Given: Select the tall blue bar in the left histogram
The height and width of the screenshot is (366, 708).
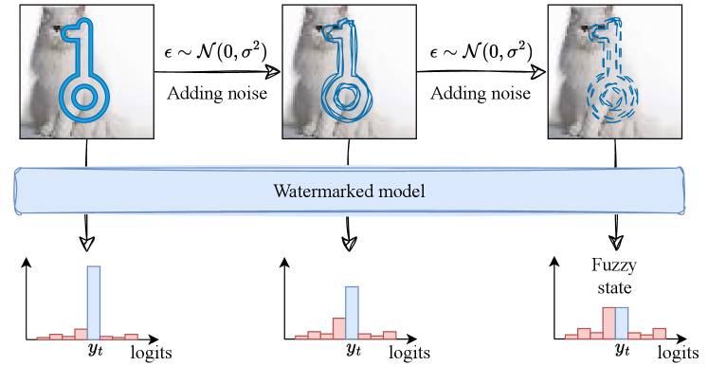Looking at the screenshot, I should point(93,302).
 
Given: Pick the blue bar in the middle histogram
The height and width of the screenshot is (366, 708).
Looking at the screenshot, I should point(352,312).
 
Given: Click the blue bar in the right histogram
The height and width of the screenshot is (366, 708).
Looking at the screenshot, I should point(622,322).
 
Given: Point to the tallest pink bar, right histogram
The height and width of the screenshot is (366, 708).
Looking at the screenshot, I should point(608,322).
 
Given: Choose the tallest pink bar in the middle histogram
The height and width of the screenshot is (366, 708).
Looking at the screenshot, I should point(339,327).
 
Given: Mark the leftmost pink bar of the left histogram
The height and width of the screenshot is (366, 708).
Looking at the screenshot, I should point(43,337).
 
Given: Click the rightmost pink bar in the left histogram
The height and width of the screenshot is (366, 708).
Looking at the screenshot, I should point(131,336).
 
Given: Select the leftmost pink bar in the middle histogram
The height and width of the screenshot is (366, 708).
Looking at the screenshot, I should point(301,336).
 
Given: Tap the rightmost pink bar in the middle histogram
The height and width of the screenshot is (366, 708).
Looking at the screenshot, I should point(390,335).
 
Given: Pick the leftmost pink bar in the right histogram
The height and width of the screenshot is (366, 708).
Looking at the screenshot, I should point(572,336).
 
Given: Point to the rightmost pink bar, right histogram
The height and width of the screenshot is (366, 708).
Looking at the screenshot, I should point(659,333).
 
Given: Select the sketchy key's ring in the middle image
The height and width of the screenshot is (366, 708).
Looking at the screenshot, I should point(346,96).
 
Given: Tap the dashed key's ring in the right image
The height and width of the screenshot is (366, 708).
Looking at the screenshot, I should point(611,97).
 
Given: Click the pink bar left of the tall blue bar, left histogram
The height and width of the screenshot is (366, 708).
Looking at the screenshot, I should point(81,334).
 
